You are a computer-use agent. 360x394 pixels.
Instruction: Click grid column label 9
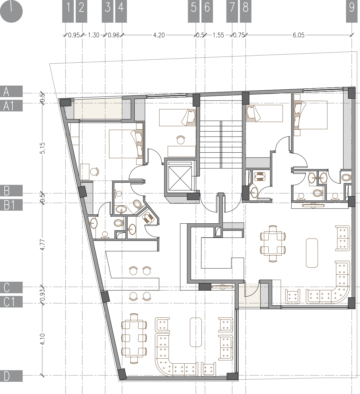pos(352,11)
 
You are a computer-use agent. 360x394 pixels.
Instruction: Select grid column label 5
pos(194,11)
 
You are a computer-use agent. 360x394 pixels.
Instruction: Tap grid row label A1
pos(11,106)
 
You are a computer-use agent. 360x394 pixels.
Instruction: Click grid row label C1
pos(11,302)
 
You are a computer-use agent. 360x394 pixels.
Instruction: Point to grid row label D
pos(11,376)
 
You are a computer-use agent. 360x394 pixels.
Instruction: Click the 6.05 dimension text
pos(299,35)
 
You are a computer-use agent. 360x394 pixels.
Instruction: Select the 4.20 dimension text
pos(159,35)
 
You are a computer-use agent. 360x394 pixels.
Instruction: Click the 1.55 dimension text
pos(218,35)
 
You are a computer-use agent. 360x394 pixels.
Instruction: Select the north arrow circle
pos(11,11)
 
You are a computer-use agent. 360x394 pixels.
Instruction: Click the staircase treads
pos(220,144)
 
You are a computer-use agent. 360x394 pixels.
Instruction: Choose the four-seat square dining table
pos(272,244)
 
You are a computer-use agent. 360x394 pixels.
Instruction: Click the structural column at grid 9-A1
pos(351,93)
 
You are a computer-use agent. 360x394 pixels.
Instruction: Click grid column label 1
pos(68,11)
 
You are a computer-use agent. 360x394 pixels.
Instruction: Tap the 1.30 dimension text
pos(93,35)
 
